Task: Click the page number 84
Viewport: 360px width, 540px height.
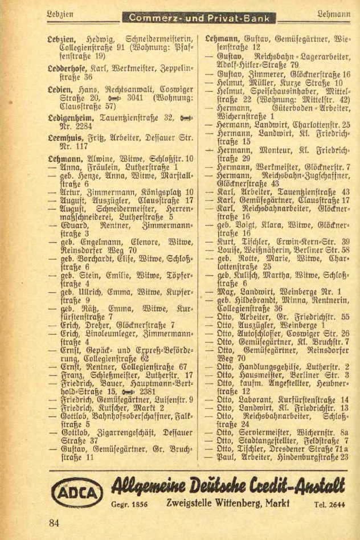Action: point(55,523)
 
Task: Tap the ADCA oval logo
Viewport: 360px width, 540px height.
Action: point(74,490)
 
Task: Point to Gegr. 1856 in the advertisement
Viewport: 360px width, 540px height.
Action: point(129,504)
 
